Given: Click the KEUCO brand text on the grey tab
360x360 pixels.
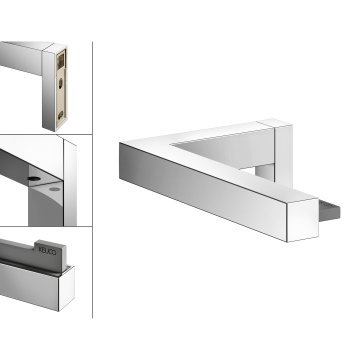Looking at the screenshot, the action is (x=47, y=250).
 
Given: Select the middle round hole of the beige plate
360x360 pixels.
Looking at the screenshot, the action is (x=60, y=83).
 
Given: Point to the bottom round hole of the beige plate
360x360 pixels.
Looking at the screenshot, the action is (x=60, y=115).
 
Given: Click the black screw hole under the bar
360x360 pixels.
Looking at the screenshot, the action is (x=34, y=178).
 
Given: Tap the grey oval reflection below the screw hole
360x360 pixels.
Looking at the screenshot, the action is (x=54, y=189).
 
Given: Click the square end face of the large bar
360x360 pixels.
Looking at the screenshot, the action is (x=302, y=220).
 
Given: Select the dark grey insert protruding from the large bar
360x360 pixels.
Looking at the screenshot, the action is (x=329, y=208).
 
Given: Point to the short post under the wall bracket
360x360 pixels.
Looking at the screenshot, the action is (x=264, y=173).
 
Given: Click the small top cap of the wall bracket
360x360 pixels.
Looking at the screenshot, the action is (x=274, y=123).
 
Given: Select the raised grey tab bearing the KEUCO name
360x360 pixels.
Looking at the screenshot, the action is (x=50, y=253).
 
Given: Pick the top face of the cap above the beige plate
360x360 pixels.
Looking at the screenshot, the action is (x=54, y=47).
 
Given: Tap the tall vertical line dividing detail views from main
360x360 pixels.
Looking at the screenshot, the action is (x=92, y=180).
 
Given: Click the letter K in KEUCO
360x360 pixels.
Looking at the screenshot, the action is (x=40, y=249).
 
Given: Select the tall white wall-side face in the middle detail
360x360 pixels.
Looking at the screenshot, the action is (x=70, y=183).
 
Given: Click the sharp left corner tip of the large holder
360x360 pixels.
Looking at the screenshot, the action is (x=119, y=143).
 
